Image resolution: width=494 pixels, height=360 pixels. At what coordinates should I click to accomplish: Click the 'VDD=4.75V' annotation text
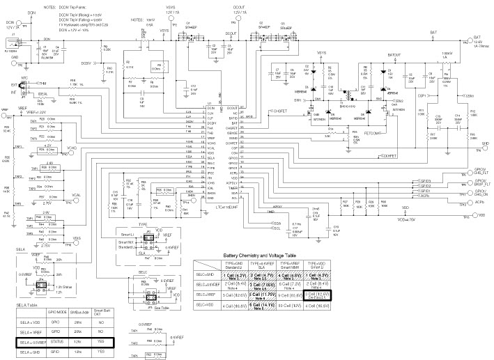(x=410, y=220)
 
